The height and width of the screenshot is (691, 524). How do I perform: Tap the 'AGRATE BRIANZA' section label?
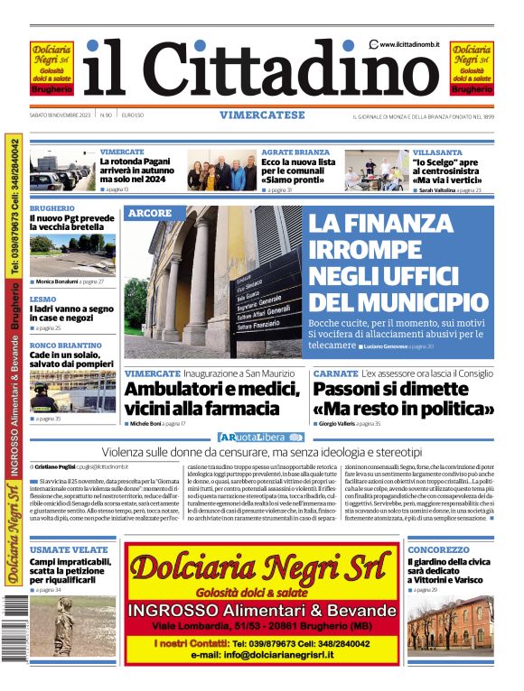coord(295,152)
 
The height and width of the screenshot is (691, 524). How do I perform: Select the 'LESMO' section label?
coord(42,299)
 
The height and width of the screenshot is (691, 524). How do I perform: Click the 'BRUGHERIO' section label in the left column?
coord(51,207)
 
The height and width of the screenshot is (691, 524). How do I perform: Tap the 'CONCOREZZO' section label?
coord(438,549)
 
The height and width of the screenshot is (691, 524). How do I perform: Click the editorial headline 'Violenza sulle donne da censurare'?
coord(261,451)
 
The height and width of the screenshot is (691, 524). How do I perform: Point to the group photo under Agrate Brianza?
coord(222,170)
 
